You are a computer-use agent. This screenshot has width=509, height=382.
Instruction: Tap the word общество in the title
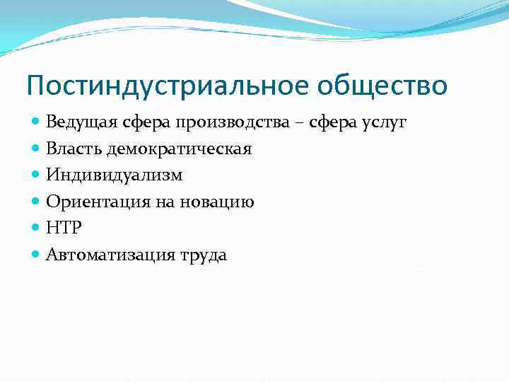[379, 86]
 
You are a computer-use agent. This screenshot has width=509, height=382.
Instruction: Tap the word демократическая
[180, 149]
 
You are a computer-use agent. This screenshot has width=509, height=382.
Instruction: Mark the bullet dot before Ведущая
[36, 122]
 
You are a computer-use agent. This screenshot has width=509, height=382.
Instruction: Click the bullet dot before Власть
[36, 149]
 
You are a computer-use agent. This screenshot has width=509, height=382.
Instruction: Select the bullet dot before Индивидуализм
[36, 175]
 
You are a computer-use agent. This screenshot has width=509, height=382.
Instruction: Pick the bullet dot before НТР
[36, 228]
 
